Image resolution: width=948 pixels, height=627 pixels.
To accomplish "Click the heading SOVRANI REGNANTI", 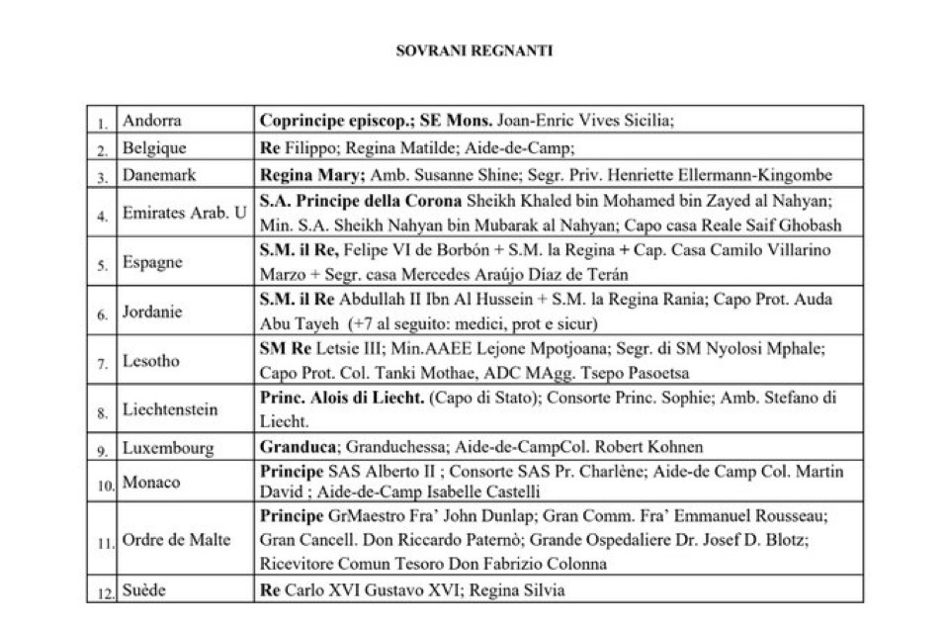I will pyautogui.click(x=474, y=51).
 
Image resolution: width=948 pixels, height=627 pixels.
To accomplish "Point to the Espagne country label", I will pyautogui.click(x=153, y=265).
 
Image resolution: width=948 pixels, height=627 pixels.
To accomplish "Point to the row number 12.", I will pyautogui.click(x=102, y=591).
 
